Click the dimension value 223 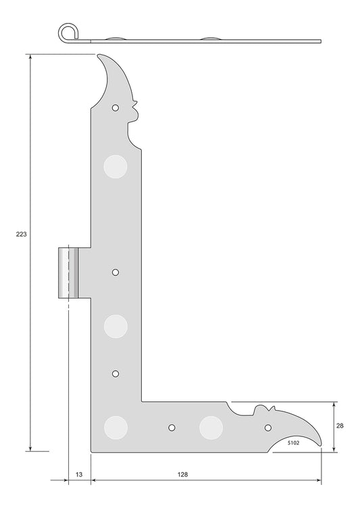click(x=22, y=234)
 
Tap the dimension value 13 click(x=79, y=475)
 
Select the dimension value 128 click(x=183, y=475)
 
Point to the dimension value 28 click(x=340, y=426)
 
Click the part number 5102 click(x=294, y=443)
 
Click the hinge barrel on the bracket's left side click(x=68, y=273)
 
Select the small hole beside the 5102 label click(x=268, y=428)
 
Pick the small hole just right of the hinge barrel click(x=115, y=272)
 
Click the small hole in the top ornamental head click(x=115, y=108)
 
